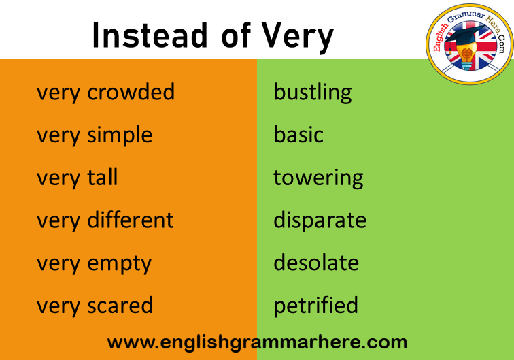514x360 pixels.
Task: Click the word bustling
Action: (312, 93)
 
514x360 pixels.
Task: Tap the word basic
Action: (298, 135)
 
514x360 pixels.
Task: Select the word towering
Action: (318, 178)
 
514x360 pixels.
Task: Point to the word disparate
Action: (320, 221)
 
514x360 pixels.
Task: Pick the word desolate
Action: (316, 263)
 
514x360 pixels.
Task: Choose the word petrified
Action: (315, 306)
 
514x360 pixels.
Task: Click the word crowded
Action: (131, 92)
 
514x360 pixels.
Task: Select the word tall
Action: (103, 177)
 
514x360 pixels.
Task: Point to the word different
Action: (131, 220)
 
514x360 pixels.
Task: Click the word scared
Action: (120, 305)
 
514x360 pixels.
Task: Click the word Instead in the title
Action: (150, 35)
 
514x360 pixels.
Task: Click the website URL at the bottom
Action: (257, 343)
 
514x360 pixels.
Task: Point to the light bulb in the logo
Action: (467, 56)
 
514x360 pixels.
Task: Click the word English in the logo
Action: (441, 37)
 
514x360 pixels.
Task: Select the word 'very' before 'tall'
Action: (58, 179)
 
